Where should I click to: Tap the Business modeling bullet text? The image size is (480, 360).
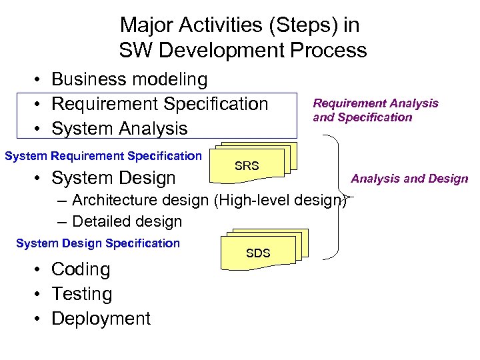click(129, 79)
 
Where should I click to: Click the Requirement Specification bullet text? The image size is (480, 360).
click(159, 104)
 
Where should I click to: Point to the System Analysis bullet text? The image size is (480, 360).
click(119, 128)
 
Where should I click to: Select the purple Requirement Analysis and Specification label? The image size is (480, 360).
click(375, 110)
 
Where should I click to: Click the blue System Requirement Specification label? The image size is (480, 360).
click(103, 156)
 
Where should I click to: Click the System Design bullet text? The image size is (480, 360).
click(113, 178)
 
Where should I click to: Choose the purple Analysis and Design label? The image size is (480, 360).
click(409, 178)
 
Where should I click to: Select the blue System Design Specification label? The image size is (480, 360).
click(98, 243)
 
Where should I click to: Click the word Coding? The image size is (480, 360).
click(81, 269)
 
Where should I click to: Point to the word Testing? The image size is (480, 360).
click(81, 294)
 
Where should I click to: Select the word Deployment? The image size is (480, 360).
click(101, 319)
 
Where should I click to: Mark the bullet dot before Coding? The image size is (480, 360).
click(39, 269)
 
